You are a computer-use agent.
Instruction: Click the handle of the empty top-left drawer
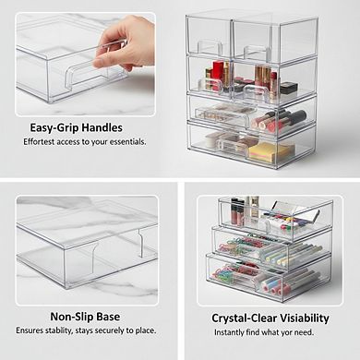pos(210,47)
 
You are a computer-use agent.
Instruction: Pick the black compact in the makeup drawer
pos(289,88)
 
